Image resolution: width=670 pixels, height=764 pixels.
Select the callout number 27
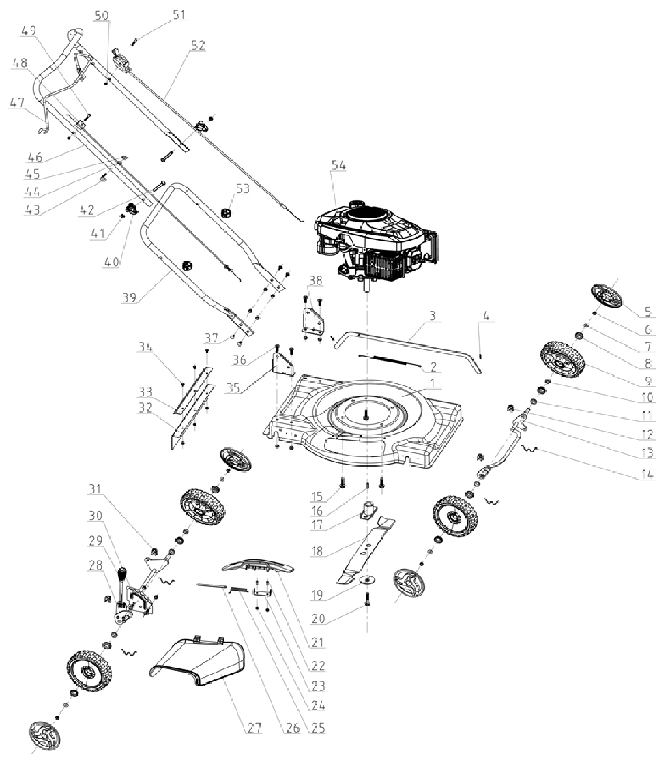(254, 728)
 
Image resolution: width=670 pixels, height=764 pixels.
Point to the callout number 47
(16, 102)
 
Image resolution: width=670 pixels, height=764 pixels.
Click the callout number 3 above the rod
(431, 317)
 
